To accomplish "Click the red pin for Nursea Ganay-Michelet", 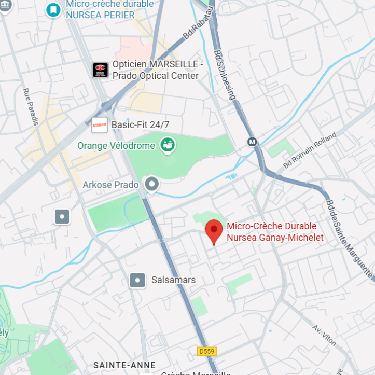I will click(214, 231).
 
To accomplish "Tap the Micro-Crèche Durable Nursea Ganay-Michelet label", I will click(275, 232).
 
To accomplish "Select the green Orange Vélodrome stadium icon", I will click(167, 145).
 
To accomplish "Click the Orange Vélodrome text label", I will click(116, 146).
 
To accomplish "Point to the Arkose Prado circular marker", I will click(151, 184).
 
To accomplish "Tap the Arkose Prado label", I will click(110, 185).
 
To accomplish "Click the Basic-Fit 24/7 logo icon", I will click(100, 124).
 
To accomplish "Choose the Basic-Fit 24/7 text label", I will click(140, 125).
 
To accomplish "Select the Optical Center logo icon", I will click(100, 70).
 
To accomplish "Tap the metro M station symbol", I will click(253, 142).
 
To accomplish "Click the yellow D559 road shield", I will click(207, 351).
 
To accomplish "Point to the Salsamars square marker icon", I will click(137, 280).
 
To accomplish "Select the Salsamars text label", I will click(173, 280).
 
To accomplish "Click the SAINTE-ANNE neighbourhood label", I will click(124, 365).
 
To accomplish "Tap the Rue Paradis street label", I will click(31, 107).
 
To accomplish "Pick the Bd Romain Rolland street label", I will click(310, 150).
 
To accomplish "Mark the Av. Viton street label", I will click(324, 336).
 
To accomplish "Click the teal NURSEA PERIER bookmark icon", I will click(52, 10).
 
